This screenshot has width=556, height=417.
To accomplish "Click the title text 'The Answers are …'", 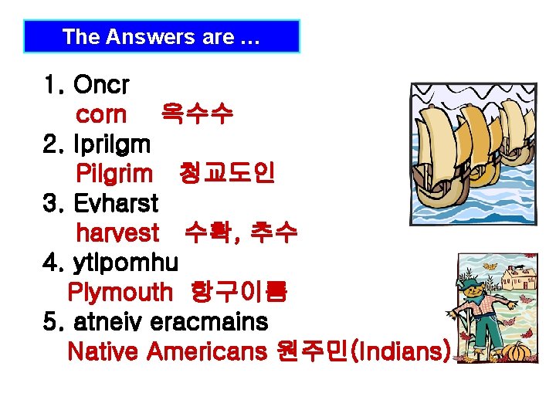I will coord(161,36).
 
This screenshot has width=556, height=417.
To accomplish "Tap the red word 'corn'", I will coord(101,115).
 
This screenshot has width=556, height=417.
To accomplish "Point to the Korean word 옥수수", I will coord(196,115).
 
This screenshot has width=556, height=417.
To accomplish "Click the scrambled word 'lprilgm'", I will coord(112,144).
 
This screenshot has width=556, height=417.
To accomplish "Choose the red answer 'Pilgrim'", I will coord(114,174).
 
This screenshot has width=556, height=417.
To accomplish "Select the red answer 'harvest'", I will coord(117,233).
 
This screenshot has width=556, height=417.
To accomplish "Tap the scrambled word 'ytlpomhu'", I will coord(125,263).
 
